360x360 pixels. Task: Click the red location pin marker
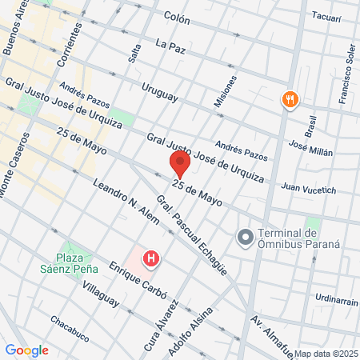click(179, 166)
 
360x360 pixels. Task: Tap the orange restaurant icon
click(289, 100)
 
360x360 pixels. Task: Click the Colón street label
click(176, 15)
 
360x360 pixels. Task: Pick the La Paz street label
click(171, 46)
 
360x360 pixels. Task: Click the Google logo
click(26, 350)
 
